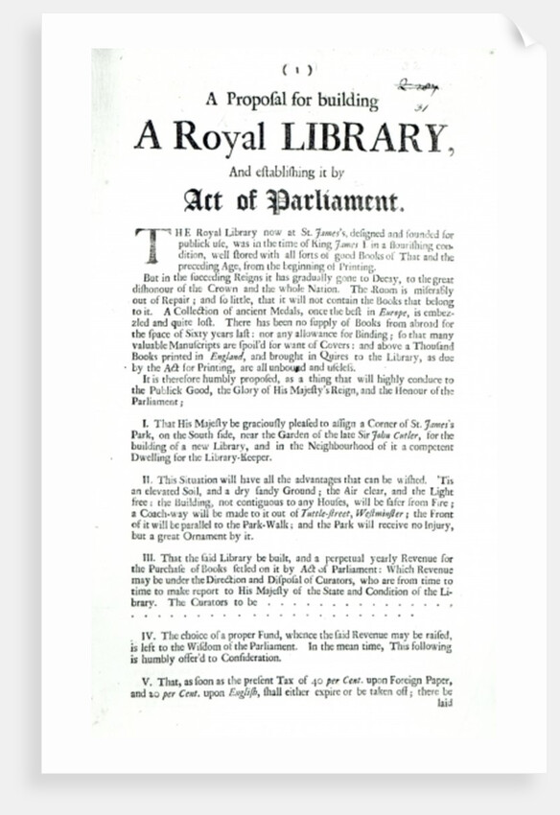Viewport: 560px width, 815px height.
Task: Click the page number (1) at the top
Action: pyautogui.click(x=292, y=69)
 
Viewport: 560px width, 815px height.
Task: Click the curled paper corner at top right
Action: pyautogui.click(x=523, y=35)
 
